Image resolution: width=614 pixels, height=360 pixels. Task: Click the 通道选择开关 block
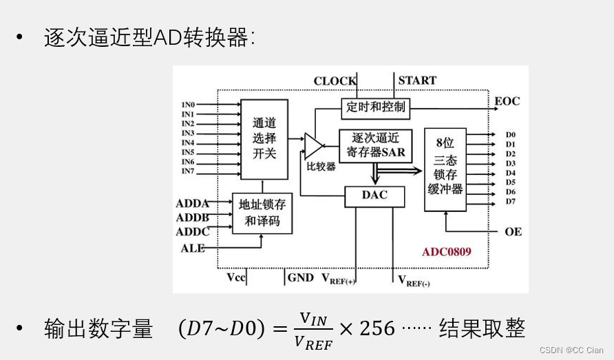pos(264,138)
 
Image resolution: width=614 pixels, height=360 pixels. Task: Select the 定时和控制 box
pos(376,107)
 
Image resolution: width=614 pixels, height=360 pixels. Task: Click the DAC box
pos(374,195)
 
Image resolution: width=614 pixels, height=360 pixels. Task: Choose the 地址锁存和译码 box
pos(262,213)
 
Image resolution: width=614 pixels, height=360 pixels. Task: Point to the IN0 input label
pos(188,105)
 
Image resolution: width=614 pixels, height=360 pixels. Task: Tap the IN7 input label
pos(188,171)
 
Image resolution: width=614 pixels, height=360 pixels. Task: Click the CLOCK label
pos(335,81)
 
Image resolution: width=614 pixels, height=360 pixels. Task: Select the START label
pos(417,81)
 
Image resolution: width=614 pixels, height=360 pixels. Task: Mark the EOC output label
pos(507,102)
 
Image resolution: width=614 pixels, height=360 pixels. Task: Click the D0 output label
pos(511,135)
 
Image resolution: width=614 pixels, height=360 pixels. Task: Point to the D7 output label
pos(511,201)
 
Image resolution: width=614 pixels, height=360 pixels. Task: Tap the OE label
pos(513,231)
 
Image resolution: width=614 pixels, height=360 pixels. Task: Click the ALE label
pos(193,248)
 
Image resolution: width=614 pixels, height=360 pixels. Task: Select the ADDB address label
pos(193,218)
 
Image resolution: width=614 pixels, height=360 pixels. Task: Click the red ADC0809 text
pos(447,252)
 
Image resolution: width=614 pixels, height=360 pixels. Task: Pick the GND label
pos(300,277)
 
